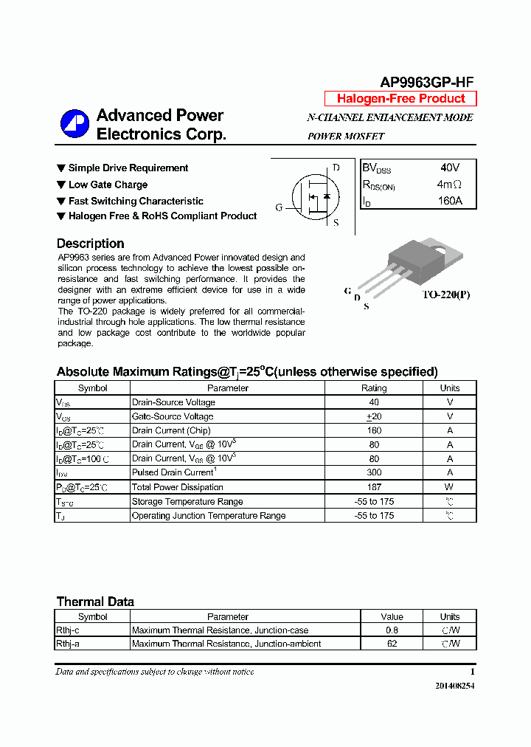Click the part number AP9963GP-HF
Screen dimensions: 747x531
tap(427, 83)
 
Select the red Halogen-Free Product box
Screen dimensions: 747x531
tap(400, 99)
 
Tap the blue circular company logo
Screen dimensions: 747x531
tap(74, 124)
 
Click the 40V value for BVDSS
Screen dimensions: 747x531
tap(449, 168)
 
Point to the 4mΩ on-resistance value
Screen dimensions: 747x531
tap(449, 185)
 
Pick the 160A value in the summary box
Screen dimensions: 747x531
tap(449, 201)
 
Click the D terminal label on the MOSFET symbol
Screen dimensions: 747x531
tap(336, 168)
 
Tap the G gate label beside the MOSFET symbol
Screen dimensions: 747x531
tap(280, 208)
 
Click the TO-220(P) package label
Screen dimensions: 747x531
tap(445, 295)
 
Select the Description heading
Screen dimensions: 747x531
tap(90, 244)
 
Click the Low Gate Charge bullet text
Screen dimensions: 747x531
tap(108, 185)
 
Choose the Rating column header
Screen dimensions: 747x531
tap(374, 388)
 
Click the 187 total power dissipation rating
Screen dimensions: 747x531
tap(374, 487)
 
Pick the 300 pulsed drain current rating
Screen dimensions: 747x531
tap(374, 473)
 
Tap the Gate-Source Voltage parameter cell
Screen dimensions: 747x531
tap(173, 417)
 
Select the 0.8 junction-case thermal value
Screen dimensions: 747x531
tap(392, 630)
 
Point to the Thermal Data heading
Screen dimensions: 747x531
tap(95, 602)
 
